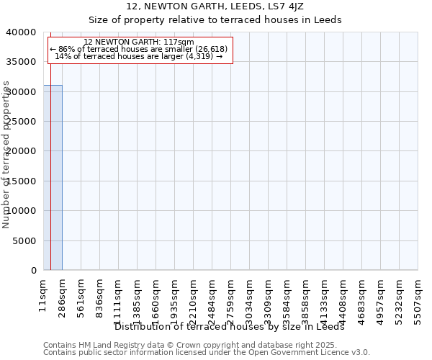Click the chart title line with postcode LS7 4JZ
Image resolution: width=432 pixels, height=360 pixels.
(x=216, y=6)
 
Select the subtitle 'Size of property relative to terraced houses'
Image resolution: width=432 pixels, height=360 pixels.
(x=216, y=20)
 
